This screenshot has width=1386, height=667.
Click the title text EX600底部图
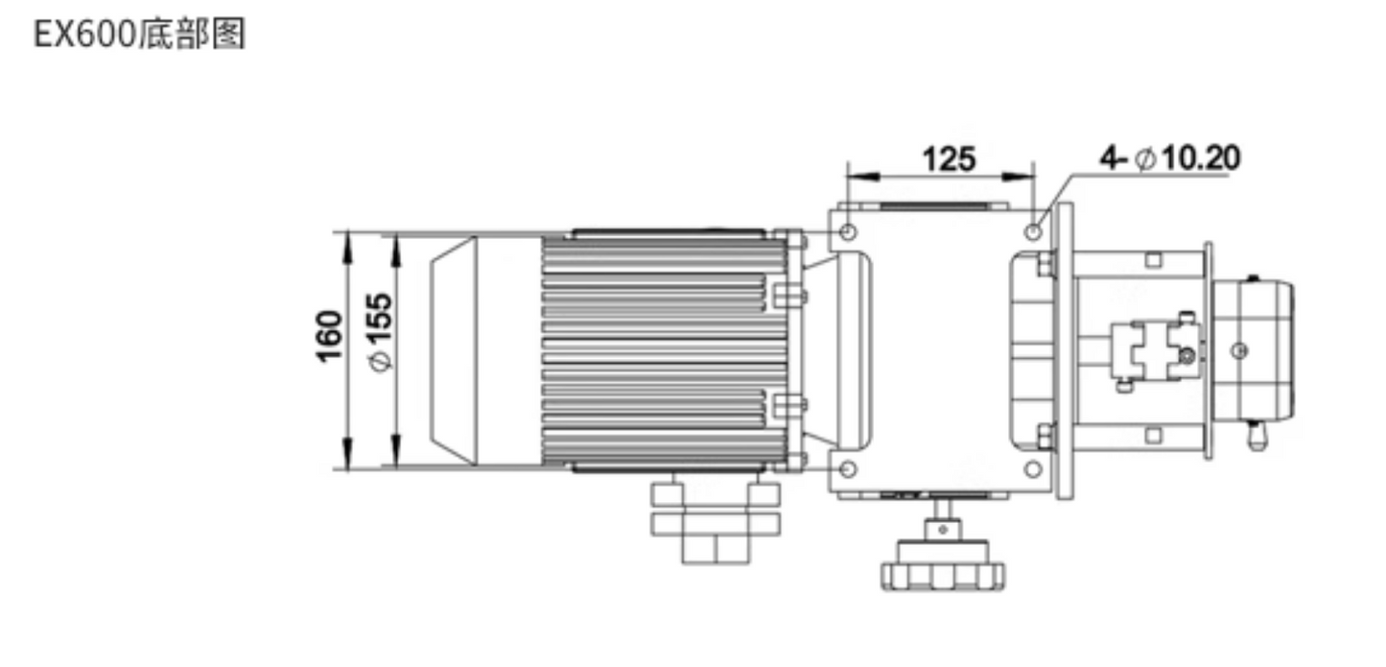(140, 36)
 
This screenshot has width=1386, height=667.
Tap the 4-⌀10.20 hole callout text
(1170, 157)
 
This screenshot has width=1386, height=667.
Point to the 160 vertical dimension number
(329, 337)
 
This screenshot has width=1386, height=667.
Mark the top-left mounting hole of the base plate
(848, 231)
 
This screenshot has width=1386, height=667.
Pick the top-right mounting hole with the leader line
(1033, 231)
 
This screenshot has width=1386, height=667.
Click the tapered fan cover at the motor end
(453, 350)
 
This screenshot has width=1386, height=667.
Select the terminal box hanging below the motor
(715, 523)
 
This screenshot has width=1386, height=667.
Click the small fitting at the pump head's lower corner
(1257, 437)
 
